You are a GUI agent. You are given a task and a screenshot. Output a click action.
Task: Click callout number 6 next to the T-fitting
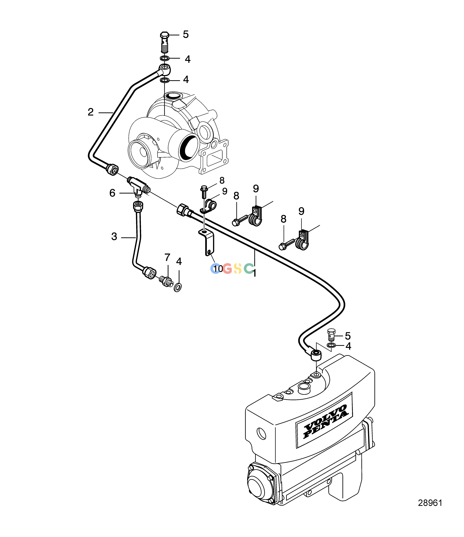click(112, 193)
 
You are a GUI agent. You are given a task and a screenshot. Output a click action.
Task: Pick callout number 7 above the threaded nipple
click(167, 257)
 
